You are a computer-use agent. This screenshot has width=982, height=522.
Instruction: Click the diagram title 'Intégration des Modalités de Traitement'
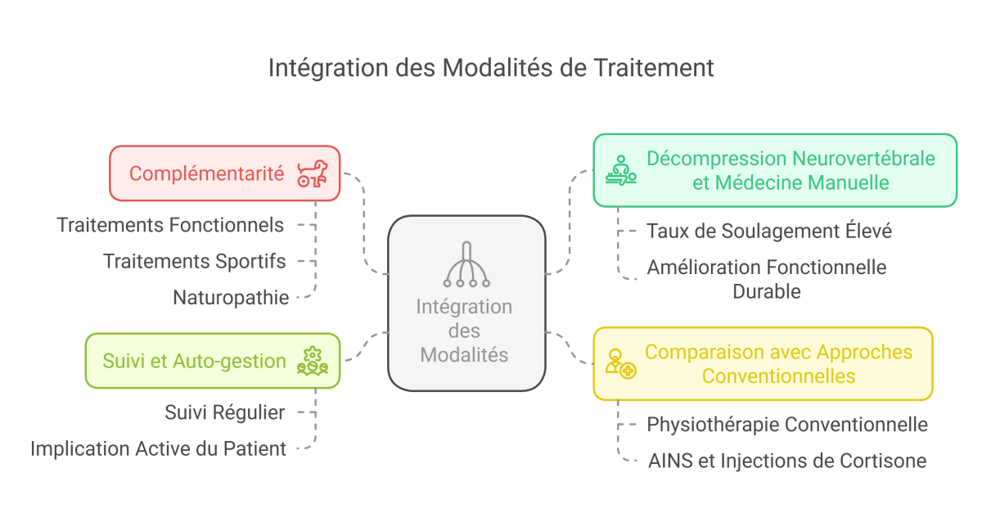[491, 68]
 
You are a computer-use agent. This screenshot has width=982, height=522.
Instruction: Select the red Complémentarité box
[208, 173]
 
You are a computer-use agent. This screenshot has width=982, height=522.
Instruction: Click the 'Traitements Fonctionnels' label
[171, 225]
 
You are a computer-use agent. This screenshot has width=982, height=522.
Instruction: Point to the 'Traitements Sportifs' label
[195, 261]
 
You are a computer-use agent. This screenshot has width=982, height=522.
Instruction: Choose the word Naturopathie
[231, 298]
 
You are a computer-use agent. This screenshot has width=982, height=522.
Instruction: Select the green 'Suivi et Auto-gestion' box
[195, 361]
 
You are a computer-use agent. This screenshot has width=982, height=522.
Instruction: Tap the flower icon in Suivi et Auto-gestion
[312, 361]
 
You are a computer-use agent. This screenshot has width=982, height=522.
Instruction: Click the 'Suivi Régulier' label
[225, 412]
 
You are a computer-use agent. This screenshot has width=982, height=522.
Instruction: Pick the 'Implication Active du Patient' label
[159, 448]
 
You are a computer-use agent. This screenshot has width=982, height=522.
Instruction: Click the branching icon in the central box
[466, 265]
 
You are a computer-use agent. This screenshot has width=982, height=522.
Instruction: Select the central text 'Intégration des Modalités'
[465, 331]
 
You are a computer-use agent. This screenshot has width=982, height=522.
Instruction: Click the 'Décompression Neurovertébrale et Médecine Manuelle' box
[790, 170]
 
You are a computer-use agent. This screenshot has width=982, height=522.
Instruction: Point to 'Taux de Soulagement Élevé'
[768, 232]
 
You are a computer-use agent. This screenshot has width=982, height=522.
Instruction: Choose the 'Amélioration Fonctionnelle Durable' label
[766, 278]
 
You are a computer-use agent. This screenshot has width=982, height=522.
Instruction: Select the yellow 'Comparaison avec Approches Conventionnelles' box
[777, 364]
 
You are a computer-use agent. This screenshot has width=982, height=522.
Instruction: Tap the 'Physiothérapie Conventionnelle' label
[786, 425]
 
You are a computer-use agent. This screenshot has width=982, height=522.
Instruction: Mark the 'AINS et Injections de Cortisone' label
[786, 461]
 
